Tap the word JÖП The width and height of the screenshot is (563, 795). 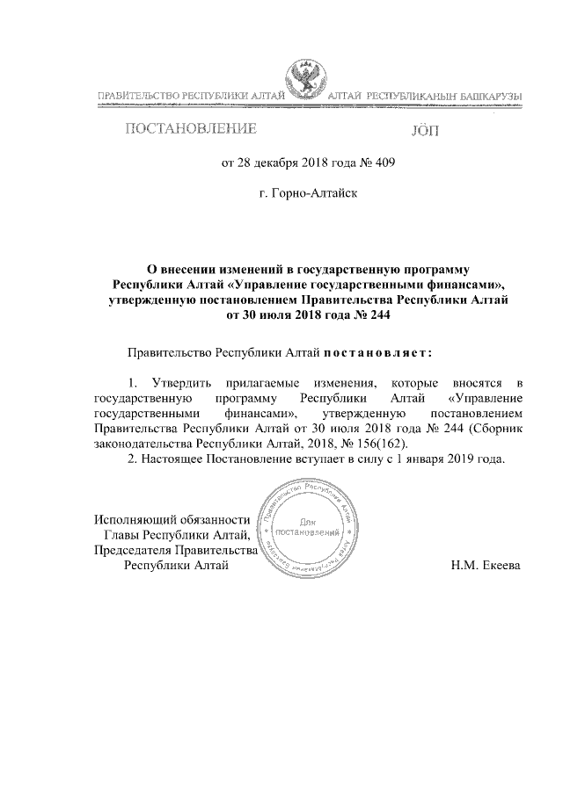(x=424, y=132)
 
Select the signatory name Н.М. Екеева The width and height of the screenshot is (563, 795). (x=486, y=566)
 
